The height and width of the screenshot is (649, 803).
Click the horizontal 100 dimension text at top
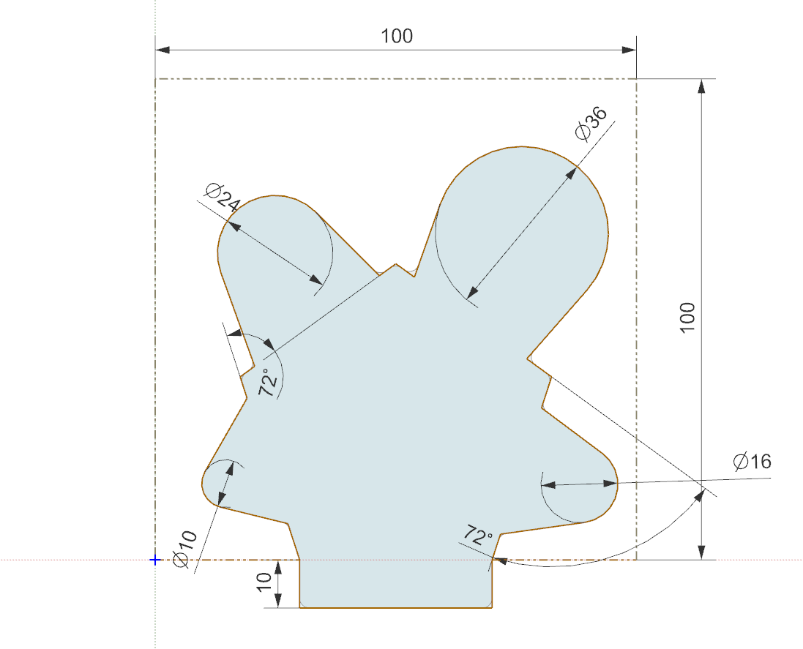pos(397,36)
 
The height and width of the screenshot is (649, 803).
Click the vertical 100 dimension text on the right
pos(687,318)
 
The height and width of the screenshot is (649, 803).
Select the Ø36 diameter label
pos(591,124)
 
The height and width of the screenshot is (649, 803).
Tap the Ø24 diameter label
pos(223,197)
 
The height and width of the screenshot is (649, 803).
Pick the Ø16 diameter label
pos(752,462)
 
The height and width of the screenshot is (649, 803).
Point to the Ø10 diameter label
pos(185,549)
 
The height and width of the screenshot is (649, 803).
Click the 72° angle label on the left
pos(269,383)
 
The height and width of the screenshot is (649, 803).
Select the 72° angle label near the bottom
pos(478,536)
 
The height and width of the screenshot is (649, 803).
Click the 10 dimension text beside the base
pos(264,582)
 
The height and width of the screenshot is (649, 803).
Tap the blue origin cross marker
pos(154,560)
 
